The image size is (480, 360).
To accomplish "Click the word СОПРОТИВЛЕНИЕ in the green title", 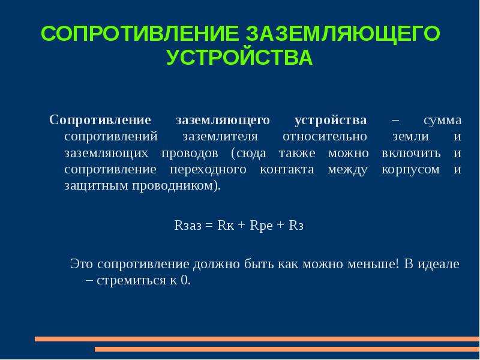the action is click(139, 34).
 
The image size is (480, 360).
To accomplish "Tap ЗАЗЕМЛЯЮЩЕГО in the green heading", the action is click(343, 34).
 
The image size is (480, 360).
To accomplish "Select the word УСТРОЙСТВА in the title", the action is click(239, 57).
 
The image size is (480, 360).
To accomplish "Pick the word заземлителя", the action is click(220, 137).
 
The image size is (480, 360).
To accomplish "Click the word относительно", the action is click(325, 137).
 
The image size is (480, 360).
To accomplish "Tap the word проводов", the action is click(190, 153).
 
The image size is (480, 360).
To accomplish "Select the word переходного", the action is click(208, 170).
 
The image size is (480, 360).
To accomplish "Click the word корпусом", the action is click(410, 170).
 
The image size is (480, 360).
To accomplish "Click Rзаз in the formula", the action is click(188, 226).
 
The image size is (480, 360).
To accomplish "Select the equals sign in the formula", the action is click(209, 226).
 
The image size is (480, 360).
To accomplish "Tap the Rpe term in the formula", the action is click(261, 226).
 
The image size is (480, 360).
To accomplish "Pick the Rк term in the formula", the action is click(226, 226).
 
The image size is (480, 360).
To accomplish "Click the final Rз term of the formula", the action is click(296, 226).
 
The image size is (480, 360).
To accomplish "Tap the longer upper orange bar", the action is click(257, 339).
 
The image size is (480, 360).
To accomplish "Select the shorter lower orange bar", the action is click(287, 349).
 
